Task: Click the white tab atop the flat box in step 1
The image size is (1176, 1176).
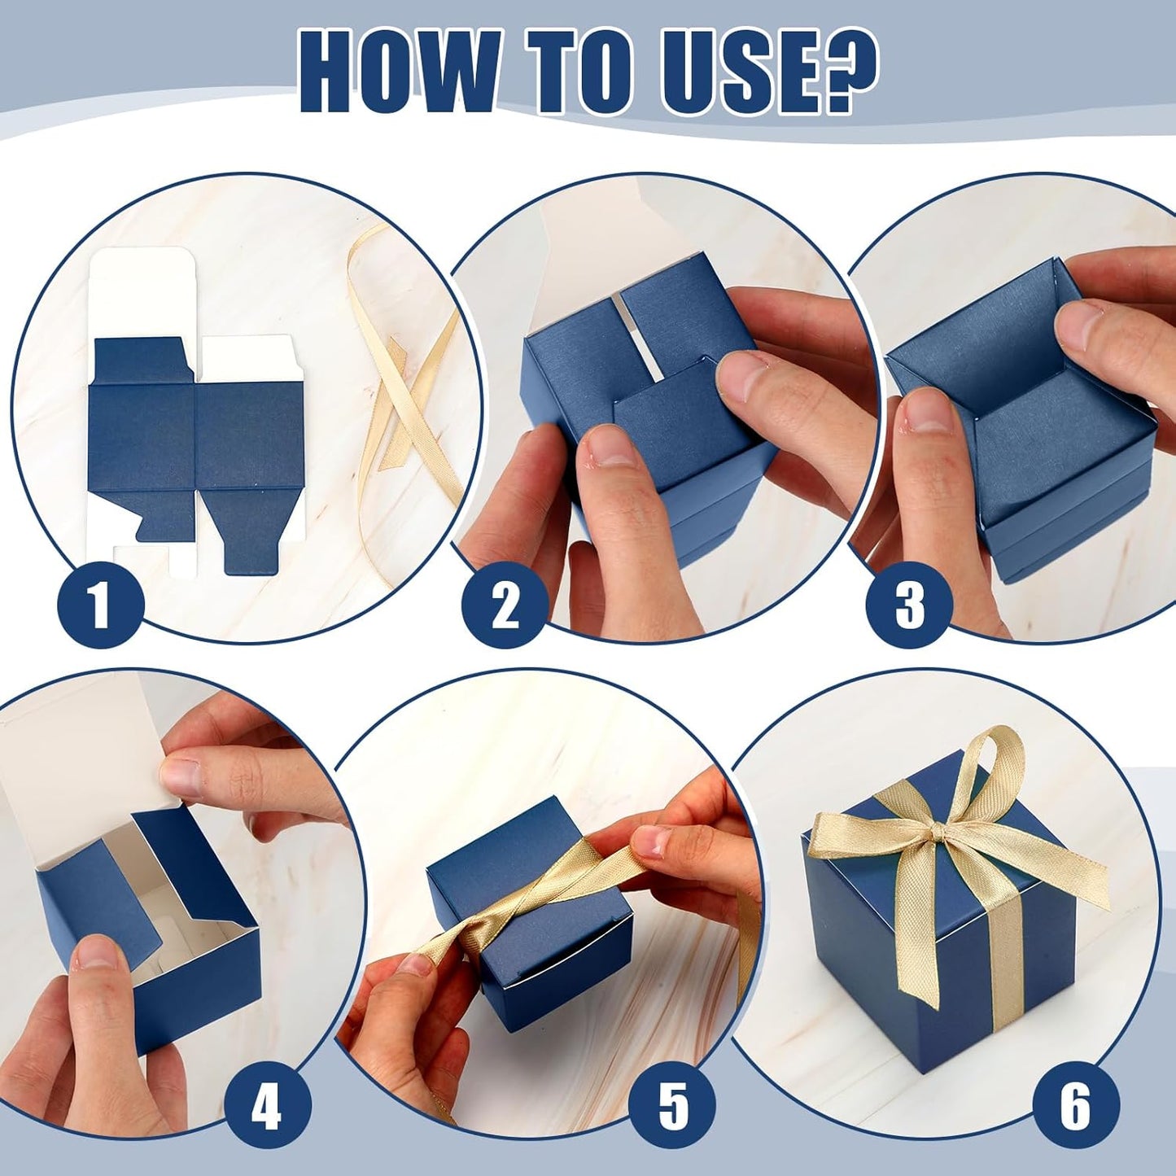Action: pyautogui.click(x=142, y=293)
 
